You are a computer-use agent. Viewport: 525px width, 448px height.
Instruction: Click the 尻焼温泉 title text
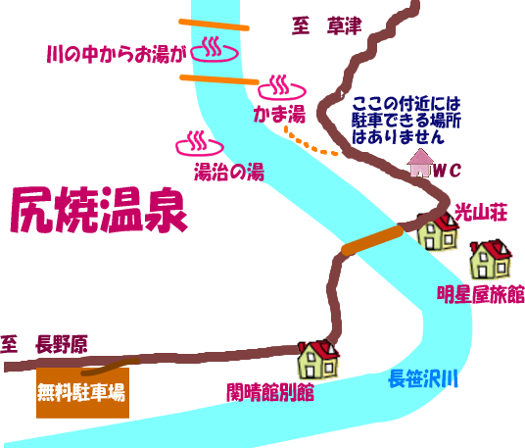(98, 210)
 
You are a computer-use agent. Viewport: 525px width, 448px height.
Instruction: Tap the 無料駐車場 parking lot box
(82, 393)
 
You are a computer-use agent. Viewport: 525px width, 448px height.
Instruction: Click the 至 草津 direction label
(327, 25)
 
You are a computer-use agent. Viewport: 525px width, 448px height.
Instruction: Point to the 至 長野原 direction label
(44, 344)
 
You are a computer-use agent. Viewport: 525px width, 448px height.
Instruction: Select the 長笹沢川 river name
(422, 378)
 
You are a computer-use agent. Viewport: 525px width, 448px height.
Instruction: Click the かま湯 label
(279, 114)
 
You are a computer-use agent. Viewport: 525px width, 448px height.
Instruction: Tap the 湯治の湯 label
(229, 172)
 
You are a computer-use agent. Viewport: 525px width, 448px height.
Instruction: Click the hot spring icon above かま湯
(282, 88)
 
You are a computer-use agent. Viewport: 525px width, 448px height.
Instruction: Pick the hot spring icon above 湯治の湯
(200, 143)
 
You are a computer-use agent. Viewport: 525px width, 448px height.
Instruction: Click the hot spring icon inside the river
(215, 49)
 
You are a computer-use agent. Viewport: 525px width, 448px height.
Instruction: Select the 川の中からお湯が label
(117, 54)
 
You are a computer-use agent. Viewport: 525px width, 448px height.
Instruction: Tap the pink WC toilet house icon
(419, 163)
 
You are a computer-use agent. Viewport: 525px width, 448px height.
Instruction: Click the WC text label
(447, 171)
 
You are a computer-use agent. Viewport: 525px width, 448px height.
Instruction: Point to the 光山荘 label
(481, 212)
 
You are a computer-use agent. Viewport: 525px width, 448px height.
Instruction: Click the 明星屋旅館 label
(481, 294)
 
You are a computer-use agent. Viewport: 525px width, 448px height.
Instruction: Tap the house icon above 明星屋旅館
(491, 259)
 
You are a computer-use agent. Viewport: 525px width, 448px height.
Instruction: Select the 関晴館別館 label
(270, 392)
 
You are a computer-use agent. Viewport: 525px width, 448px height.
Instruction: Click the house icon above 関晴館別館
(318, 360)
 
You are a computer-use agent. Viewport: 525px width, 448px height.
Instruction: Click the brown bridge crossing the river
(372, 240)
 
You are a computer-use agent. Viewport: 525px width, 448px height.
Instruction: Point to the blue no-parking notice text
(406, 120)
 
